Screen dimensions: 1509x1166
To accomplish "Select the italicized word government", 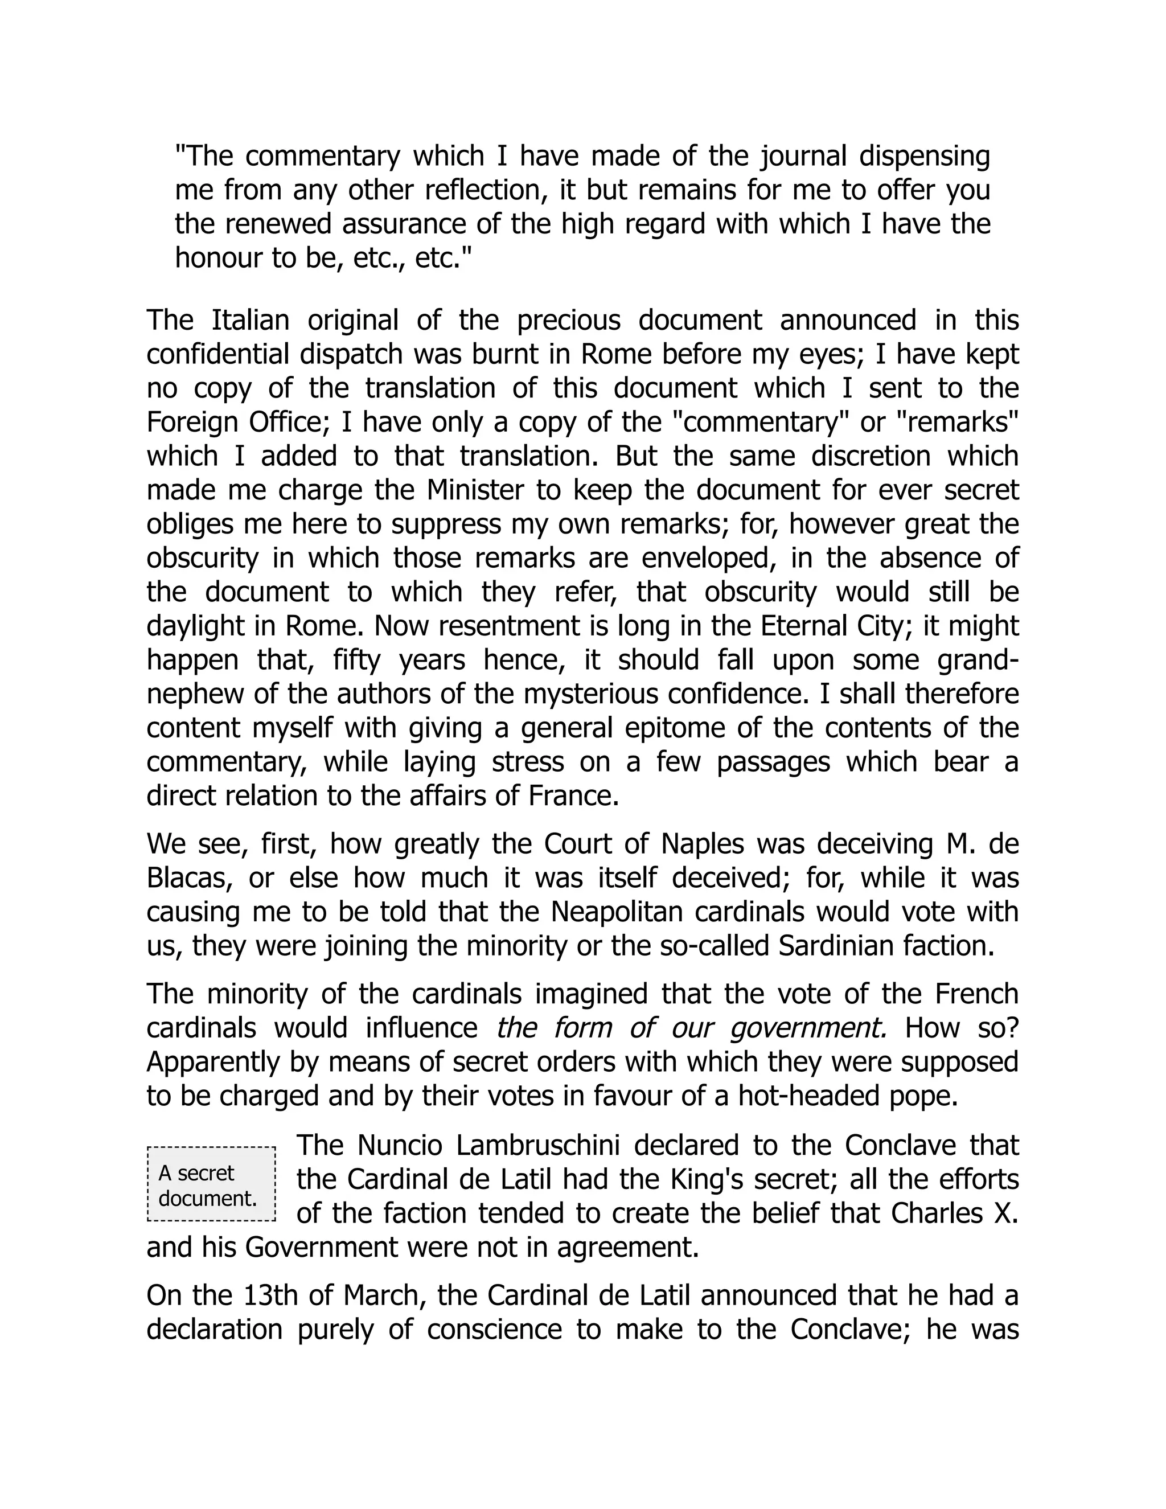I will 807,1028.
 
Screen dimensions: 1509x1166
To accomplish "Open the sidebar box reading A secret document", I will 211,1184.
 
